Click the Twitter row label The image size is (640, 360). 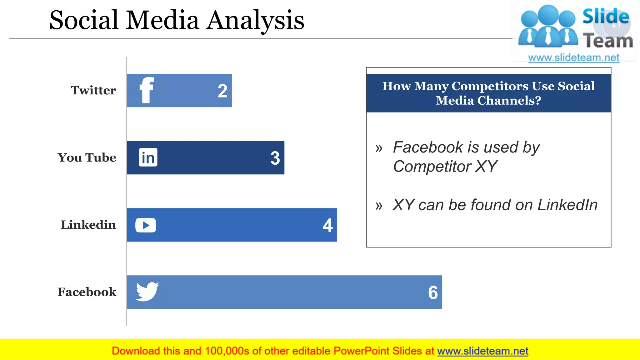tap(93, 90)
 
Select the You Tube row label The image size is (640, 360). tap(87, 157)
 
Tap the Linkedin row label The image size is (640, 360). tap(88, 225)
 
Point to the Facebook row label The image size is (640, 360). tap(87, 292)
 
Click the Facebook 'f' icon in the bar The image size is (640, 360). tap(147, 90)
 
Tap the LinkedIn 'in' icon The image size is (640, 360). tap(148, 157)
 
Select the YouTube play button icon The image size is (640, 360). tap(146, 225)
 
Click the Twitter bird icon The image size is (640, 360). tap(147, 292)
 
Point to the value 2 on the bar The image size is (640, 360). tap(222, 91)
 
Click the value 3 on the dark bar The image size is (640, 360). tap(275, 158)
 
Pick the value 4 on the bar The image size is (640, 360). tap(327, 225)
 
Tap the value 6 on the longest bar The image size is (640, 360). tap(433, 293)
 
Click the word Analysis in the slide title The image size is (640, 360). tap(256, 21)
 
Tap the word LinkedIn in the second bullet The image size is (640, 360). tap(567, 205)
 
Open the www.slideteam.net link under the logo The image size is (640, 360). tap(574, 58)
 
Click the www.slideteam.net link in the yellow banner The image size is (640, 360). tap(482, 351)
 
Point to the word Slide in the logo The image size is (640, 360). tap(606, 16)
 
